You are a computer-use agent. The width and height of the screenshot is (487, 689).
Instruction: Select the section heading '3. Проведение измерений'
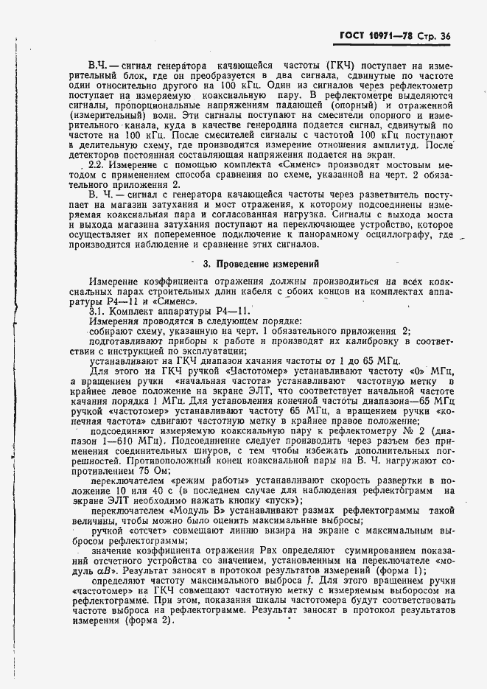point(248,263)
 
